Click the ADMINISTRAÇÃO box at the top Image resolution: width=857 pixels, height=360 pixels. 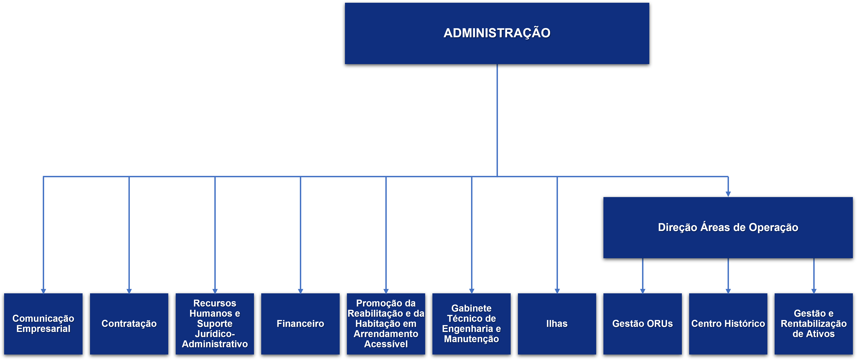(x=497, y=33)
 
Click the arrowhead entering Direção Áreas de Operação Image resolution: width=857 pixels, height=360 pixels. (x=728, y=194)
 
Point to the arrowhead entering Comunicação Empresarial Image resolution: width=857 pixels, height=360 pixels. (x=43, y=291)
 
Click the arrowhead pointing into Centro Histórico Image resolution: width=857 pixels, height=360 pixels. (x=728, y=291)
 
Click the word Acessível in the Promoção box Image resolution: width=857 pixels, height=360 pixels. (x=386, y=344)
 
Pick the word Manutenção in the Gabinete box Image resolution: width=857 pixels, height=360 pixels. (x=471, y=339)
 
